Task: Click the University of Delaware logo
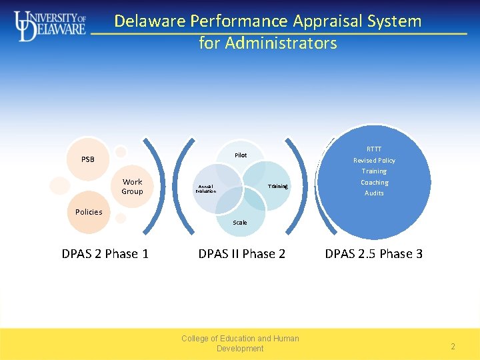point(50,26)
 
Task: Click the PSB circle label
point(88,160)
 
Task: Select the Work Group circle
point(132,187)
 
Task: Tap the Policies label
point(89,212)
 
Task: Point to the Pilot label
point(241,155)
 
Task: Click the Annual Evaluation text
point(205,189)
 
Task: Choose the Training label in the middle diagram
point(277,187)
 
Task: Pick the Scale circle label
point(240,223)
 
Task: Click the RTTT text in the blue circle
point(374,149)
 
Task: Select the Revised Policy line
point(374,160)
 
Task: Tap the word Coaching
point(374,182)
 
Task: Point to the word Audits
point(374,193)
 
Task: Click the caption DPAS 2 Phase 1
point(105,254)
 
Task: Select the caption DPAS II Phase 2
point(241,254)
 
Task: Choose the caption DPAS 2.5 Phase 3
point(373,254)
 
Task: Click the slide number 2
point(453,347)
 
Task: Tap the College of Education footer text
point(240,343)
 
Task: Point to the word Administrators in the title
point(281,43)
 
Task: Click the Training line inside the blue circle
point(374,171)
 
